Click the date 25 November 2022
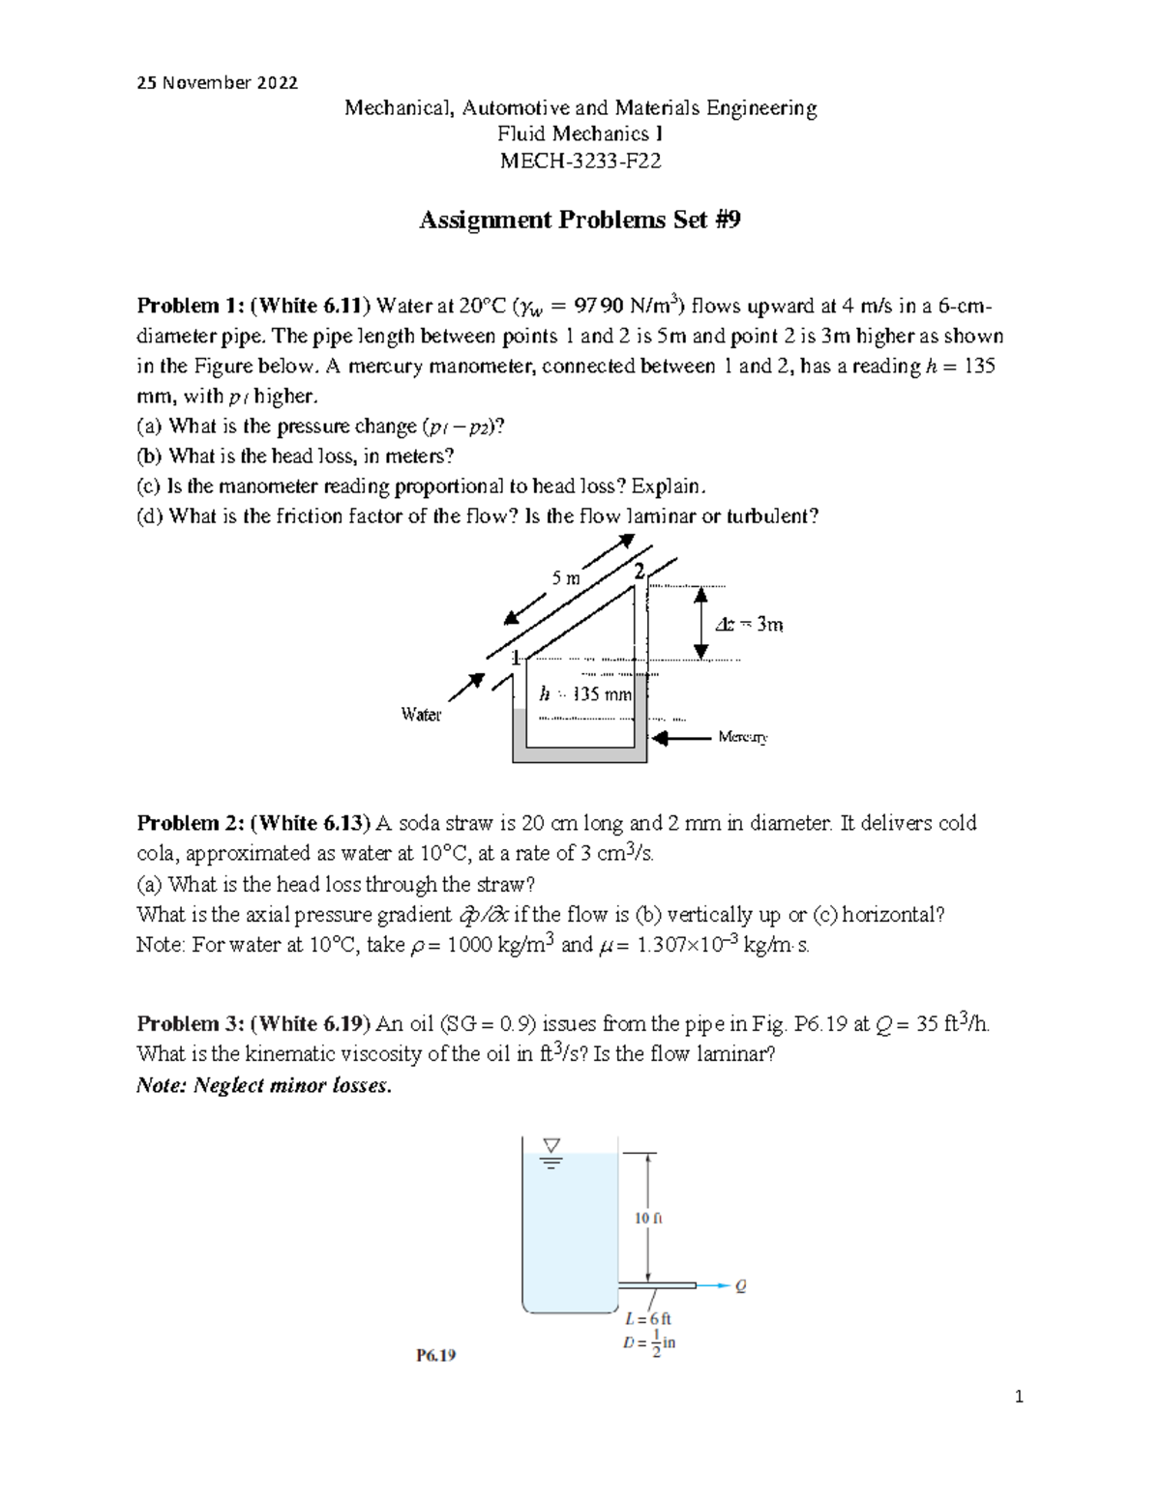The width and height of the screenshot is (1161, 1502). pyautogui.click(x=217, y=83)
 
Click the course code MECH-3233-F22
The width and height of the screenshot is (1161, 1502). pyautogui.click(x=580, y=162)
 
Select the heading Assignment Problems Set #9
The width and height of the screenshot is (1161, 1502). pyautogui.click(x=580, y=221)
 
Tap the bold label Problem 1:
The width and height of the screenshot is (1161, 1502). pyautogui.click(x=191, y=307)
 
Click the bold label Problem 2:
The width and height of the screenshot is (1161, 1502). pyautogui.click(x=191, y=823)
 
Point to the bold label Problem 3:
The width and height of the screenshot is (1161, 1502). pyautogui.click(x=191, y=1024)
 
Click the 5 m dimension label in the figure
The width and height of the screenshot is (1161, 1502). pyautogui.click(x=566, y=578)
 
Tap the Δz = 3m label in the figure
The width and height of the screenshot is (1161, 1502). pyautogui.click(x=749, y=625)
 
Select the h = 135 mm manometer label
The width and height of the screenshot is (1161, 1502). pyautogui.click(x=585, y=694)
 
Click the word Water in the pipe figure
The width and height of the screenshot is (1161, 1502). pyautogui.click(x=421, y=715)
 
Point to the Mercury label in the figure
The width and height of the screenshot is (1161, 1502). pyautogui.click(x=742, y=737)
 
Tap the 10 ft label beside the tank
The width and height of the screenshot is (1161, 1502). pyautogui.click(x=648, y=1219)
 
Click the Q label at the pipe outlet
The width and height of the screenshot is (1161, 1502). pyautogui.click(x=741, y=1286)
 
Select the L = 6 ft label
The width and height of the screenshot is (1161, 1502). pyautogui.click(x=647, y=1319)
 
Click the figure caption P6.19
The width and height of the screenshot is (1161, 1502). pyautogui.click(x=435, y=1356)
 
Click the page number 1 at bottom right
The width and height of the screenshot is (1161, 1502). pyautogui.click(x=1019, y=1397)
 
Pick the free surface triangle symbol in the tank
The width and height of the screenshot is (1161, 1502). pyautogui.click(x=551, y=1146)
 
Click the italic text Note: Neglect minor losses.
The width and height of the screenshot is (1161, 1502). pyautogui.click(x=264, y=1085)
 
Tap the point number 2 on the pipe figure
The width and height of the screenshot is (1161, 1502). pyautogui.click(x=639, y=572)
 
